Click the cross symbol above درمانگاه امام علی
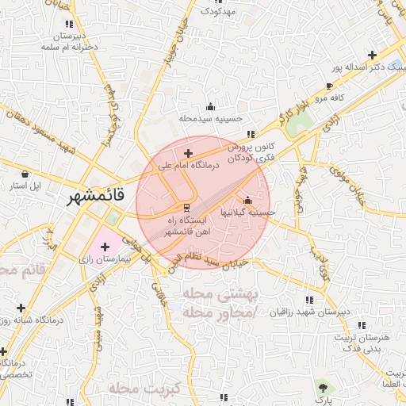click(188, 153)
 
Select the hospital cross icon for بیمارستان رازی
click(105, 247)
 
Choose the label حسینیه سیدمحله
click(210, 118)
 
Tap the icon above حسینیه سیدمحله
click(210, 106)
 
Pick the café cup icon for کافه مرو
click(330, 86)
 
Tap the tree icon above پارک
click(322, 387)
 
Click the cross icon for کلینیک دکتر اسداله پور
click(371, 56)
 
